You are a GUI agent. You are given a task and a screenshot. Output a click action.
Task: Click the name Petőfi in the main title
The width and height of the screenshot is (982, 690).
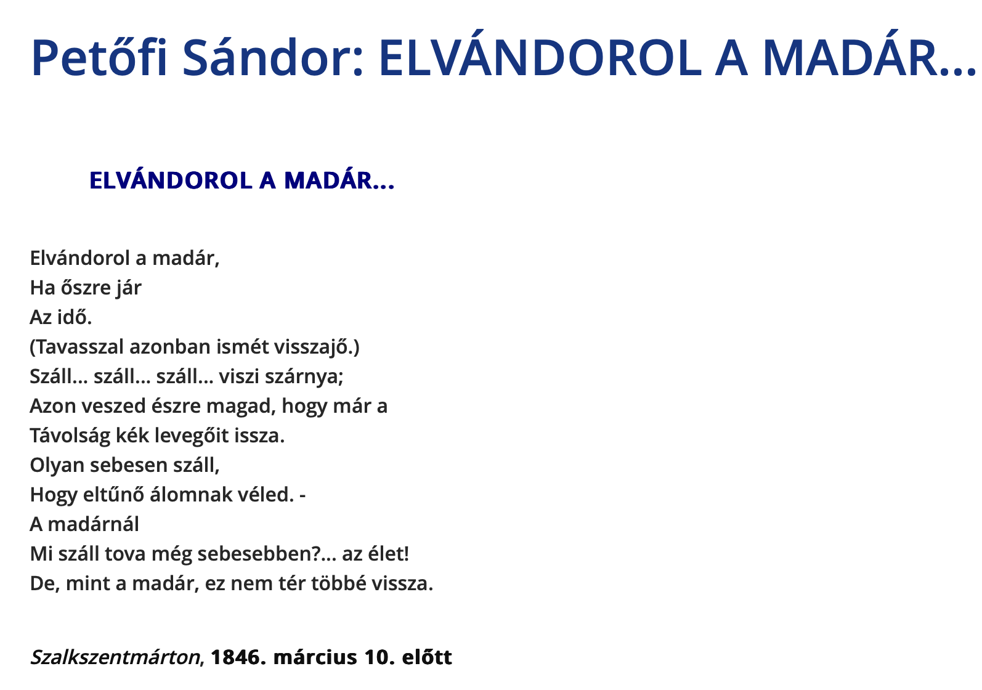click(99, 58)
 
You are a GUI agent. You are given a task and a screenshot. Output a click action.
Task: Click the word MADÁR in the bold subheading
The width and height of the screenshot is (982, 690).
click(328, 180)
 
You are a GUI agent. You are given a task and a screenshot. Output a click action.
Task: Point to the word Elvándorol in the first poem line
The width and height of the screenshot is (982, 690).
click(80, 258)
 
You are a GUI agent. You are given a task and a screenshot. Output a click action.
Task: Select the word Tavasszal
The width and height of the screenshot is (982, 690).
click(77, 347)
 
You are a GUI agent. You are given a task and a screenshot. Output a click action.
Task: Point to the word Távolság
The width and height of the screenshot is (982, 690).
click(70, 436)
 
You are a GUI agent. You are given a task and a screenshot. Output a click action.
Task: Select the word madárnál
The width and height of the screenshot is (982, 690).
click(94, 524)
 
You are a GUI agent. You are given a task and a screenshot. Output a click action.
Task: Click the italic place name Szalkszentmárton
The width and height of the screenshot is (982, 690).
click(115, 657)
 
